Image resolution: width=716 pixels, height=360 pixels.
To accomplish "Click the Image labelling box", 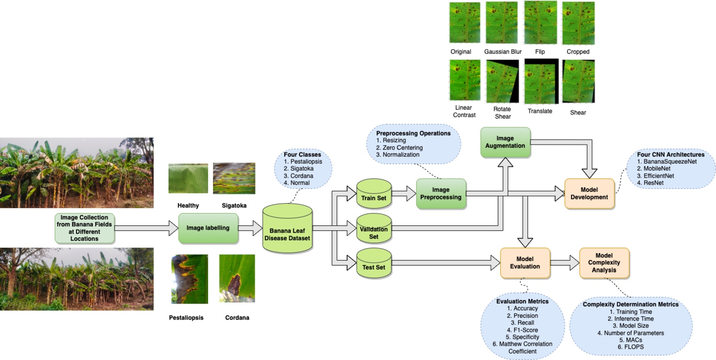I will (x=208, y=228).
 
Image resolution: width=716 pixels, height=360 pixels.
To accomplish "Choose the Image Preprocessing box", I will (x=441, y=194).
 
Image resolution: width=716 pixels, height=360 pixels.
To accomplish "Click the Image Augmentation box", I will (x=505, y=142).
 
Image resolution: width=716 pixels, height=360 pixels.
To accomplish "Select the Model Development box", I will (x=589, y=194).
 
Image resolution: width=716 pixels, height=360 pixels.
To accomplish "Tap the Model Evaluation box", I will (x=525, y=263).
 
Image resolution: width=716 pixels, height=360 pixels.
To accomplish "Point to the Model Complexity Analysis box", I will (x=604, y=263).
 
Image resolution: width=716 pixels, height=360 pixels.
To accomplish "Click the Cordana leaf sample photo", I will (x=237, y=279).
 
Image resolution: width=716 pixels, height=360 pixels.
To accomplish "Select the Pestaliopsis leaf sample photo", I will (x=189, y=279).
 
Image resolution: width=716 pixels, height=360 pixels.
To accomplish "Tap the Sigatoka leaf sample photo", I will (x=234, y=178).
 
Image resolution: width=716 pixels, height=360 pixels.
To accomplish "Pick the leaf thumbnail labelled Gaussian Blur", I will (x=502, y=23).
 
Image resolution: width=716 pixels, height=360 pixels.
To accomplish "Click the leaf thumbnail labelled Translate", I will (x=541, y=81).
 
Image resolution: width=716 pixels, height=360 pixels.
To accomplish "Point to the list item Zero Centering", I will (x=402, y=148).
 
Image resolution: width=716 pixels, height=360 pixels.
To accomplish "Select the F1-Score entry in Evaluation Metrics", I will (x=522, y=330).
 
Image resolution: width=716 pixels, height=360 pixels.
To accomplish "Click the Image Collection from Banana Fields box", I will (x=85, y=228).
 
